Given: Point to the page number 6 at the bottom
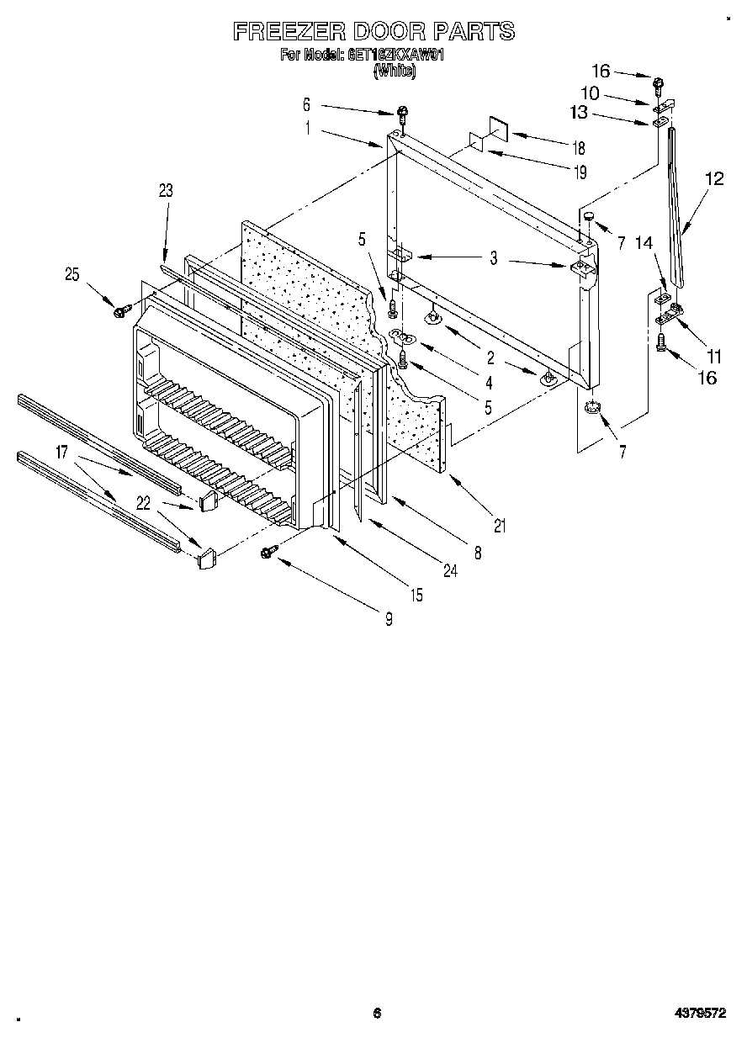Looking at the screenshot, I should click(377, 1013).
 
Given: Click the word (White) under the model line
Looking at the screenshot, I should click(394, 71).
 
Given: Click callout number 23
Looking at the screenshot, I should click(165, 191).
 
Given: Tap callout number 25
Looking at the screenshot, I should click(72, 273).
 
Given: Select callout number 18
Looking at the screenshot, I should click(578, 149).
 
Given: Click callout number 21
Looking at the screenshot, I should click(500, 527).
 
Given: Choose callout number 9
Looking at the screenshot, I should click(389, 620).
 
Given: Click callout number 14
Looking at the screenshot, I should click(644, 243).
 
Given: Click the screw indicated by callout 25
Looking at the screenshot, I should click(119, 312).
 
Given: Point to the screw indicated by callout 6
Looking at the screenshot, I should click(404, 113).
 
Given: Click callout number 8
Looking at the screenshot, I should click(477, 553).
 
